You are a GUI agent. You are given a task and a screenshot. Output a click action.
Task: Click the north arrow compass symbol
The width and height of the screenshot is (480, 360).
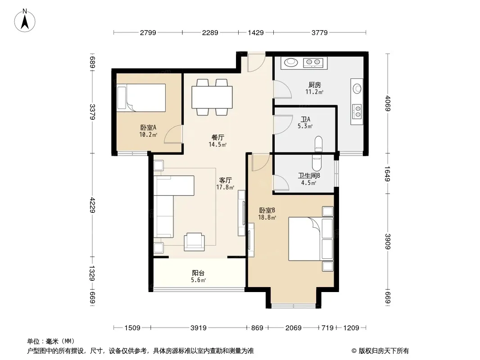coord(25,21)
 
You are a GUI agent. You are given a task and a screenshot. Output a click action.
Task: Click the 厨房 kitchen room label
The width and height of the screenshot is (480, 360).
coord(314,85)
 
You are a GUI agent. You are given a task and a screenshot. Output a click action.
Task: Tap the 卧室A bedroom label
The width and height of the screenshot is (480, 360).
coord(149,127)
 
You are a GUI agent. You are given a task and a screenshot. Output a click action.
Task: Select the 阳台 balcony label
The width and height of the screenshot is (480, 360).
coord(198,273)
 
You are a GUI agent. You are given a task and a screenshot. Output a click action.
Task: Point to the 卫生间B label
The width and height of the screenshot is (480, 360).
coord(309,176)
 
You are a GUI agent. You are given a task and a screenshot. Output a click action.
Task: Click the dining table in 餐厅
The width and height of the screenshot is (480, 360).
coord(212,97)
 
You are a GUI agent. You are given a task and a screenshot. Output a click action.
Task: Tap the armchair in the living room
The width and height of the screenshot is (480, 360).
coord(195,242)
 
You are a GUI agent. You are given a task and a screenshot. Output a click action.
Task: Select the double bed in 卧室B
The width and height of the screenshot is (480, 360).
coord(311,239)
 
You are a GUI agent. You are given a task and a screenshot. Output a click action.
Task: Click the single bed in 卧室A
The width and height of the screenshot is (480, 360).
coord(141,98)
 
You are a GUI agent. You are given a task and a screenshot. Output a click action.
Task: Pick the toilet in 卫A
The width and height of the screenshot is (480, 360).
coord(318,144)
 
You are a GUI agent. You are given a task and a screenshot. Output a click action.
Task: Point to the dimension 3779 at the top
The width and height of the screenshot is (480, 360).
coord(320,32)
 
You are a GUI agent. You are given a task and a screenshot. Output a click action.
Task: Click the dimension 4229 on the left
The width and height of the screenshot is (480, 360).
coord(92,205)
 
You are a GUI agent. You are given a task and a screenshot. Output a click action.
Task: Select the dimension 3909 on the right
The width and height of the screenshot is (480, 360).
coord(388,241)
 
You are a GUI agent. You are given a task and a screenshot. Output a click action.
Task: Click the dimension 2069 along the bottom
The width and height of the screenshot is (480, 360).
coord(294,328)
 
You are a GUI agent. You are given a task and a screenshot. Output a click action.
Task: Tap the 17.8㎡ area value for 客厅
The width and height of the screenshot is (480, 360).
coord(225,187)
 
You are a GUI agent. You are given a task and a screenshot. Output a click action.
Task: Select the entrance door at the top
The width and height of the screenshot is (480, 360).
coord(257,63)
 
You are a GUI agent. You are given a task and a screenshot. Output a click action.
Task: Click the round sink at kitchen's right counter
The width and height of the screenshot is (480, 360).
coord(357,89)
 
